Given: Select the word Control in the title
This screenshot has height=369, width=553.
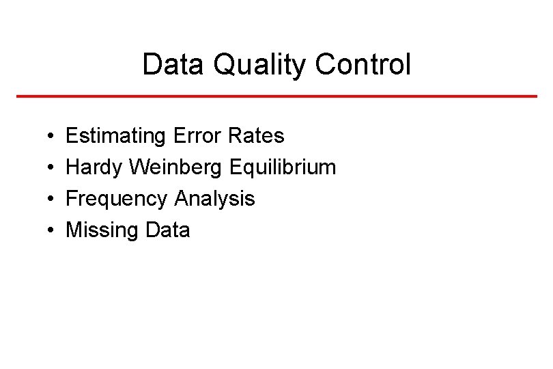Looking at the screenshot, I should click(364, 66).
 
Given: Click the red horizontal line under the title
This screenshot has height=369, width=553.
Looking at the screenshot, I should click(276, 96).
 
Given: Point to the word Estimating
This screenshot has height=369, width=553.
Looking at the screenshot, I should click(115, 136).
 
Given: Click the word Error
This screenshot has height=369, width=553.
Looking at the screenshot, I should click(197, 136).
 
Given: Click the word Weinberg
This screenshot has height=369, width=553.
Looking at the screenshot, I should click(175, 167).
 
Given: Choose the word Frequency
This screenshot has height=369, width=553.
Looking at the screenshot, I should click(117, 199).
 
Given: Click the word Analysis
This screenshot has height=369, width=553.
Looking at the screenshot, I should click(215, 199).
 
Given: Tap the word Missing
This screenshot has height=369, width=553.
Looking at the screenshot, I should click(102, 230).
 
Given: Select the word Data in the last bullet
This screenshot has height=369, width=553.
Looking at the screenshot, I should click(168, 230).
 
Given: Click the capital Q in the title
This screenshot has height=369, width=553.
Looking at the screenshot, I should click(223, 66).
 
